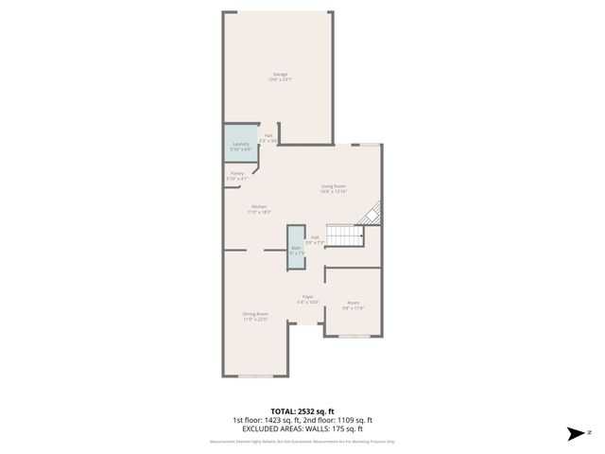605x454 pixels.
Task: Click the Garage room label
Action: pyautogui.click(x=280, y=74)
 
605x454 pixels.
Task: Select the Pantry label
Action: pyautogui.click(x=237, y=173)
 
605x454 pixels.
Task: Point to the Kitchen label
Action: pyautogui.click(x=258, y=206)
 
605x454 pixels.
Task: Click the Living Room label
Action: pyautogui.click(x=334, y=186)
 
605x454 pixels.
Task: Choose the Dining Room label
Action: pyautogui.click(x=255, y=314)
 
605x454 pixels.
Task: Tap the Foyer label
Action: pyautogui.click(x=307, y=297)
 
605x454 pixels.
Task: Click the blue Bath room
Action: pyautogui.click(x=297, y=249)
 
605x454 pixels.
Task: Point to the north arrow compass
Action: pyautogui.click(x=577, y=434)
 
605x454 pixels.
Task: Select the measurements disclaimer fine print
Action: pyautogui.click(x=302, y=441)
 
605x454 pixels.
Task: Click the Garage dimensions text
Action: pyautogui.click(x=280, y=79)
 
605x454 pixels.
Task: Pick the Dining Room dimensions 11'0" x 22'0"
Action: pyautogui.click(x=255, y=320)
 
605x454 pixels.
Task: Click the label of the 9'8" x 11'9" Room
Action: pyautogui.click(x=353, y=303)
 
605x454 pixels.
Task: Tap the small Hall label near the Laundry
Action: pyautogui.click(x=268, y=135)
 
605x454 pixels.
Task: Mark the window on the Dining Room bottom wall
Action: pyautogui.click(x=255, y=375)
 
